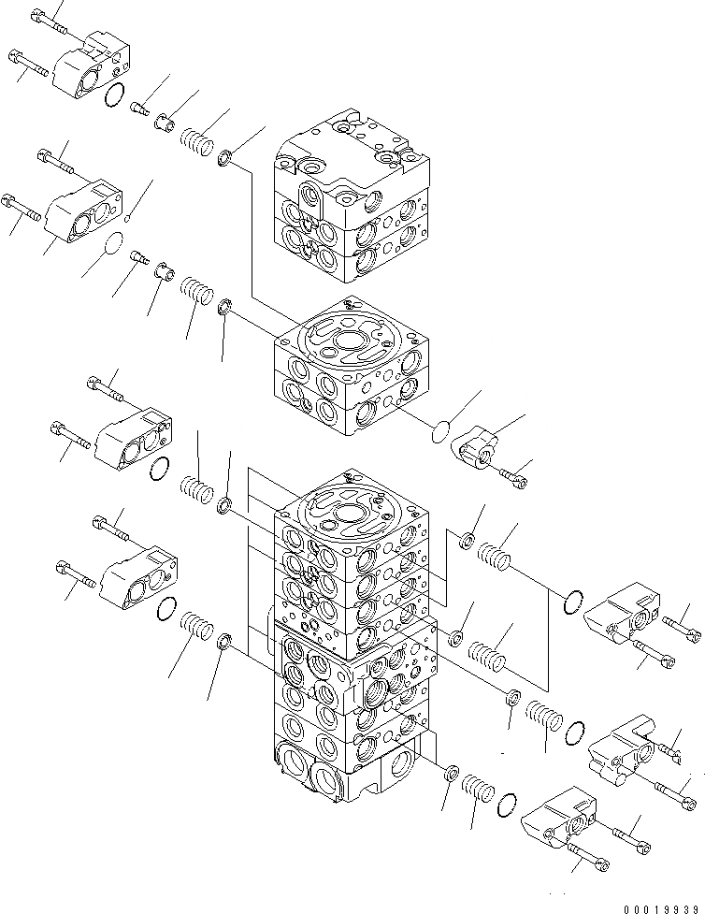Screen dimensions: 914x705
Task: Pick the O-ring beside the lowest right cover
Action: [x=509, y=804]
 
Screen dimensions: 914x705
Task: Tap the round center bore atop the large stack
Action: [x=352, y=513]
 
